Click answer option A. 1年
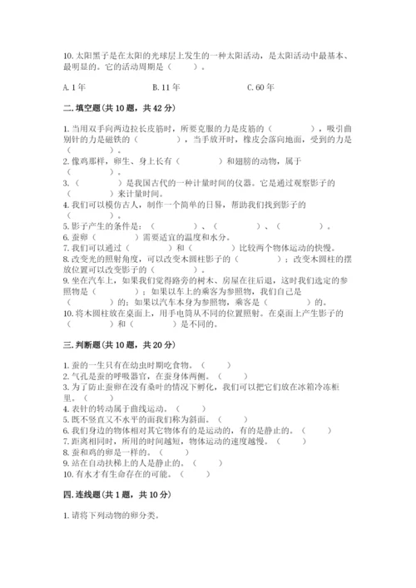pyautogui.click(x=74, y=86)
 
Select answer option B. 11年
pyautogui.click(x=167, y=86)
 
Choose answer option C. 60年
pyautogui.click(x=262, y=86)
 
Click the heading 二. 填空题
pyautogui.click(x=83, y=108)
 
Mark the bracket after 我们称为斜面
pyautogui.click(x=232, y=420)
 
